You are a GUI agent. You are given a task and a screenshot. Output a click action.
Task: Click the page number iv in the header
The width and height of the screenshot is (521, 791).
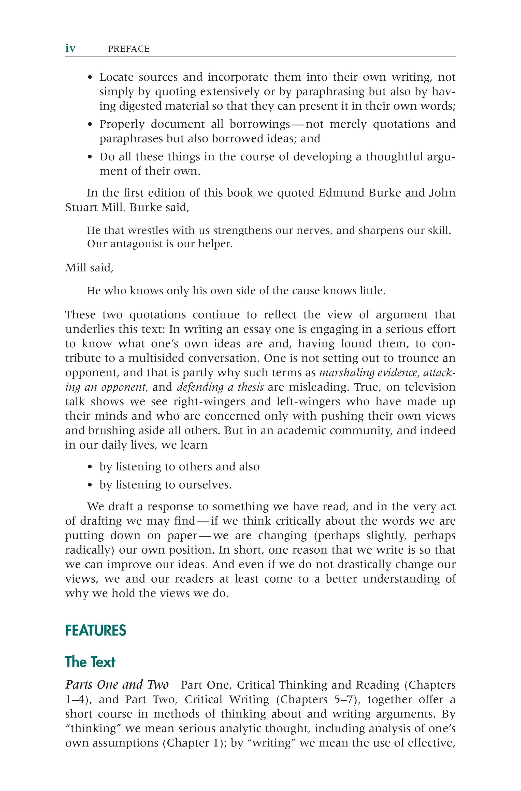click(70, 49)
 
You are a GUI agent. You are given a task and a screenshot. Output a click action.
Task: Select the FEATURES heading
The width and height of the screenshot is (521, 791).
click(96, 630)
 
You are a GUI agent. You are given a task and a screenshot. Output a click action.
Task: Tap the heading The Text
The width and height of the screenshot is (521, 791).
click(90, 662)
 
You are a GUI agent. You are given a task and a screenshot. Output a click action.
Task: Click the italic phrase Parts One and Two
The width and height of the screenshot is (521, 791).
click(117, 685)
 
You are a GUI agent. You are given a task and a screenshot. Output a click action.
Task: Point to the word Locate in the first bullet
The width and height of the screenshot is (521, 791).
click(116, 77)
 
